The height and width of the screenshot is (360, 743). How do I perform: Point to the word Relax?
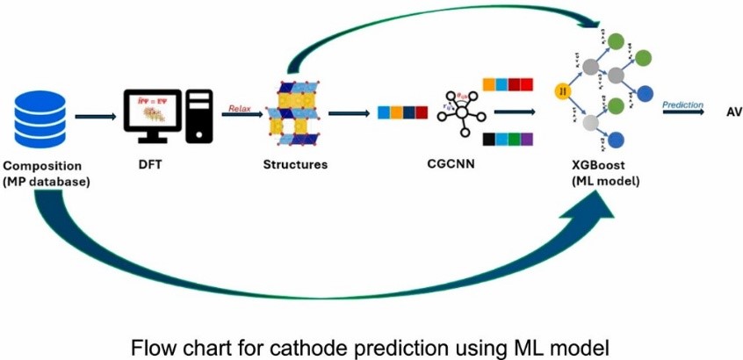pyautogui.click(x=240, y=108)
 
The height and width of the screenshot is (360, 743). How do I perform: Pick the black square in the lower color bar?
pyautogui.click(x=489, y=139)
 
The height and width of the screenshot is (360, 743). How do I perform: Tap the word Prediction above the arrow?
pyautogui.click(x=682, y=104)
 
